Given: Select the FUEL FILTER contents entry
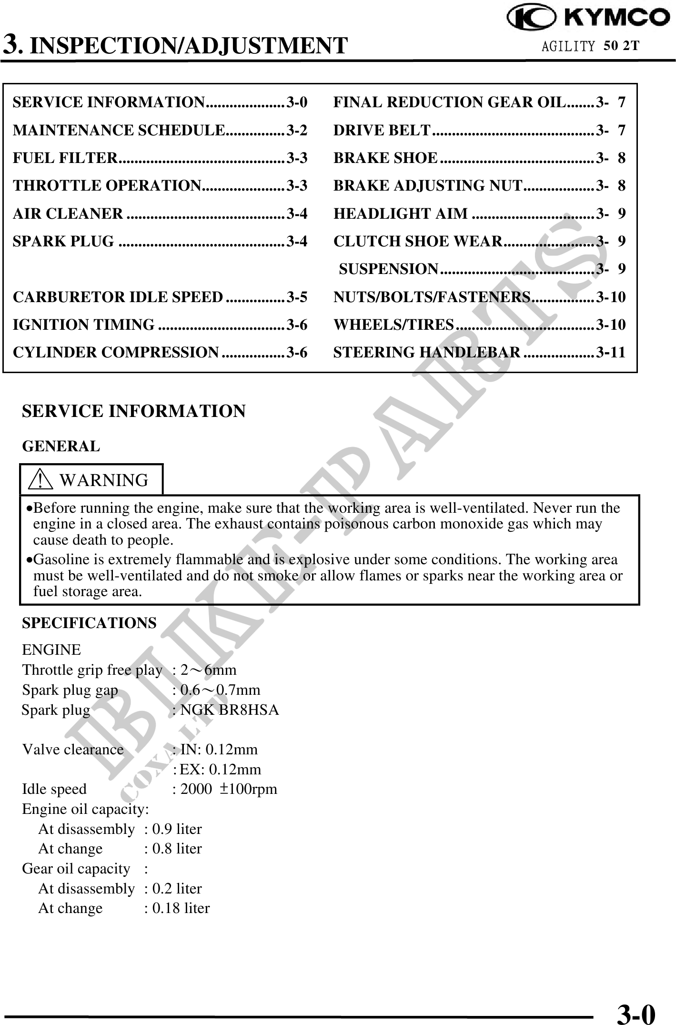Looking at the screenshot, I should [65, 158].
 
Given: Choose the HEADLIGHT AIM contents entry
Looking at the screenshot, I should [401, 213].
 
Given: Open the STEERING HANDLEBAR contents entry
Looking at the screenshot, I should [427, 352].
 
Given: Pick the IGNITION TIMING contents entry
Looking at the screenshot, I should [84, 325].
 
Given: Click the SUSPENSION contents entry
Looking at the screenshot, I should [389, 269].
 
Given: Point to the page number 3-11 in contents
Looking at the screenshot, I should [611, 352].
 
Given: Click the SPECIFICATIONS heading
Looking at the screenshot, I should [89, 623].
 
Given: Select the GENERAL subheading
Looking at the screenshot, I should [61, 447].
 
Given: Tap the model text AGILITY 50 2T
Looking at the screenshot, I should [590, 46].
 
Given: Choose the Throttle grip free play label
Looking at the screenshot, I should [92, 670].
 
